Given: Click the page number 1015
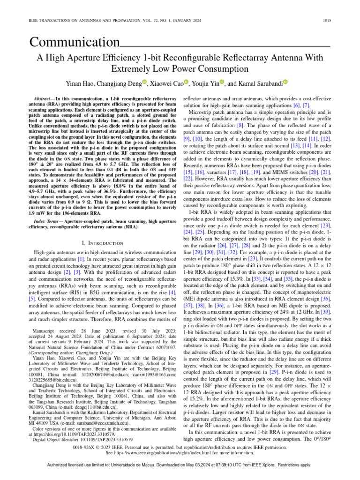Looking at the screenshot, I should [326, 21].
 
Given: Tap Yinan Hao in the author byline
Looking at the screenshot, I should [92, 84].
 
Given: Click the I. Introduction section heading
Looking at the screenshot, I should [102, 243].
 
